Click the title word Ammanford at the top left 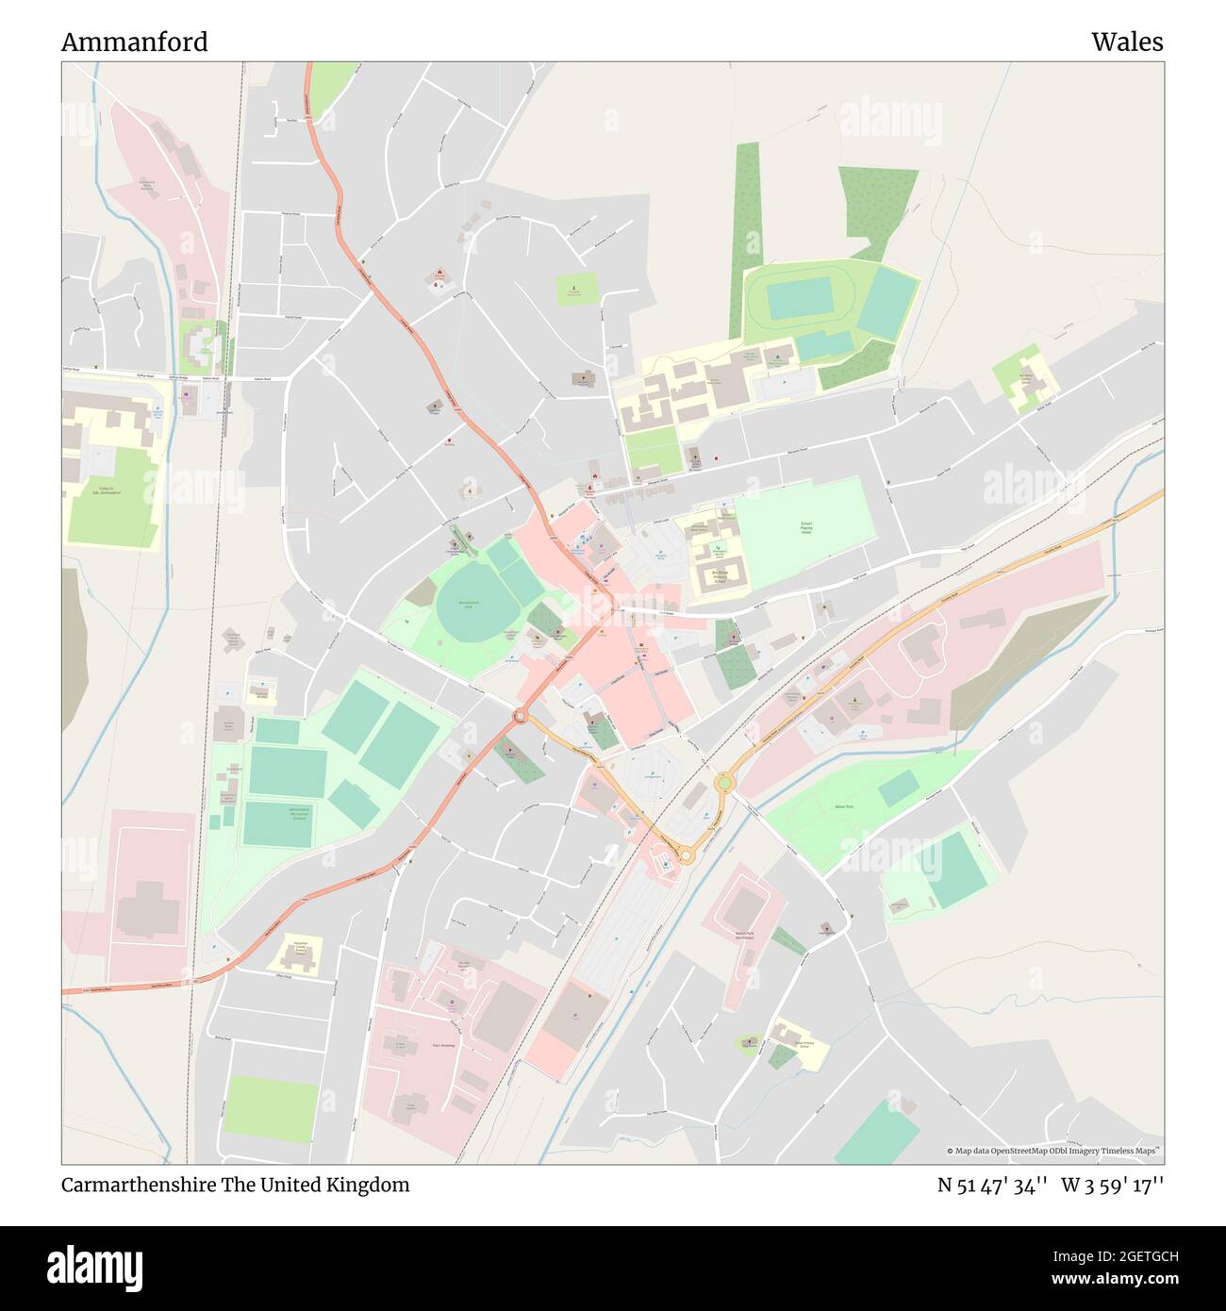coord(135,42)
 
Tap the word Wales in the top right coord(1127,42)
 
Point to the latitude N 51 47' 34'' coord(992,1185)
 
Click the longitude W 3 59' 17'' coord(1112,1185)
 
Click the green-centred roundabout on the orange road coord(724,781)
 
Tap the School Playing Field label coord(806,529)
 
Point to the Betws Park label coord(843,807)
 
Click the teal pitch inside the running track coord(797,299)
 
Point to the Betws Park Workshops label coord(745,936)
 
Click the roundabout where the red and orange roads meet coord(520,717)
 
